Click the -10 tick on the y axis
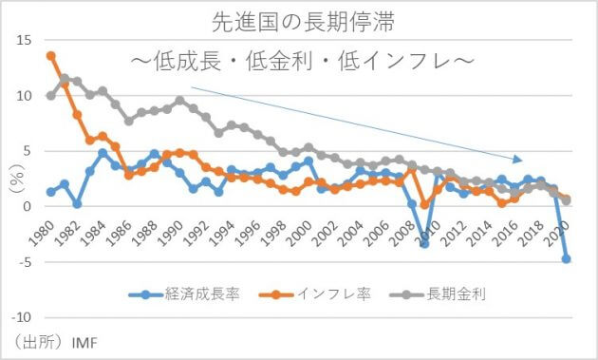tap(22, 316)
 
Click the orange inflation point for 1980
tap(51, 56)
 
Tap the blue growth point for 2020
tap(567, 258)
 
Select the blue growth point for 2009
tap(425, 243)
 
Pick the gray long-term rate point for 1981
tap(65, 79)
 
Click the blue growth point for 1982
tap(77, 203)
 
